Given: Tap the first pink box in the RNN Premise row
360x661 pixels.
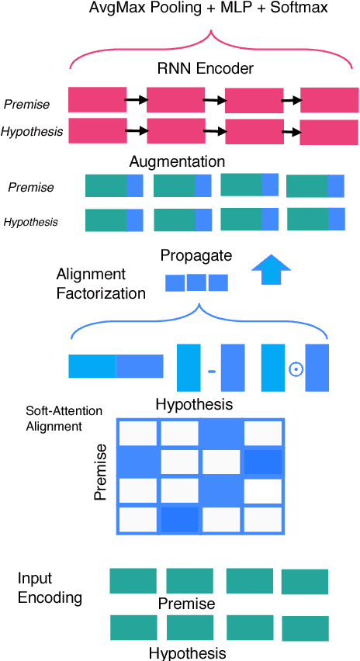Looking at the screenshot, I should pos(98,99).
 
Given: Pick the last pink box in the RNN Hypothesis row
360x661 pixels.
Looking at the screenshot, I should pos(328,131).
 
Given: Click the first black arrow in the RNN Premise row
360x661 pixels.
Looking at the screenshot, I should pos(137,99).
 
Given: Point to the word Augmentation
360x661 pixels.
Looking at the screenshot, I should pos(177,162).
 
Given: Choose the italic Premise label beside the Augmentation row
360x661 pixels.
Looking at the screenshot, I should pos(31,187).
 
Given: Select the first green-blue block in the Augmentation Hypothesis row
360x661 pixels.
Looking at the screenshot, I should pos(114,220).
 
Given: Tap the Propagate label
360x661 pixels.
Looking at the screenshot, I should pos(196,255).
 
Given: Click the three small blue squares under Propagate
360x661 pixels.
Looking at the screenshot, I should pos(197,282).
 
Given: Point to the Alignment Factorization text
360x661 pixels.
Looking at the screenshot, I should pos(101,284).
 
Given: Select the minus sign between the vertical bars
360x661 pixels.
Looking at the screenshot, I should pos(211,371).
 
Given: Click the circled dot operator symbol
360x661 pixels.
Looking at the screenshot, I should pos(296,369).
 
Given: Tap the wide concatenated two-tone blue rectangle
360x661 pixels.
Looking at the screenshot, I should pos(116,365).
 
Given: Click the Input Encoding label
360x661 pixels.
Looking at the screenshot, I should pos(50,589).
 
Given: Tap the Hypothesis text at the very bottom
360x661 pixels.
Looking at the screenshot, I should pos(187,652).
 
